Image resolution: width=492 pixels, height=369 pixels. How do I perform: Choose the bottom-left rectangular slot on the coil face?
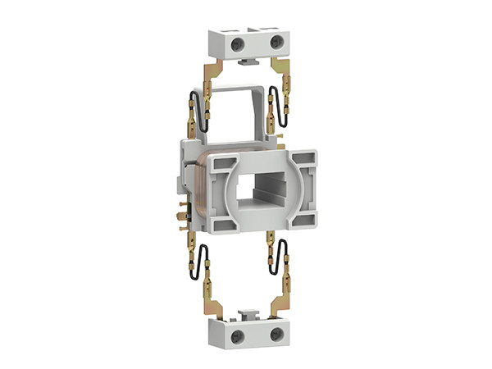220,221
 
